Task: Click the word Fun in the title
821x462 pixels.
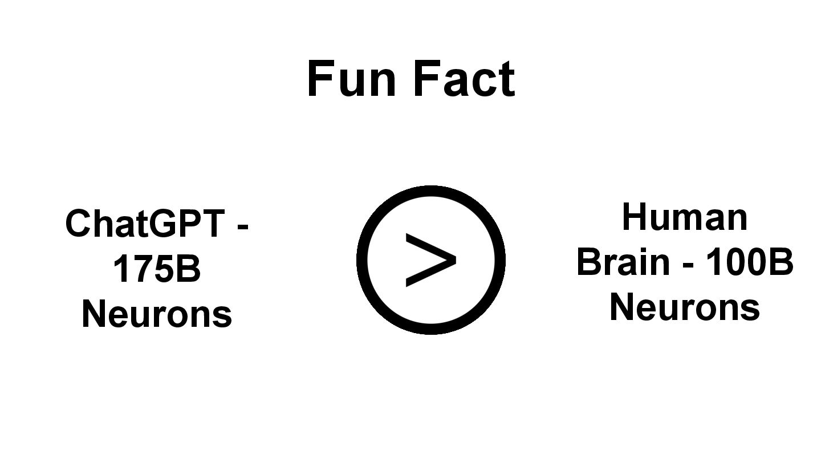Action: click(351, 79)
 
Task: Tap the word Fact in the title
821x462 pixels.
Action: click(464, 79)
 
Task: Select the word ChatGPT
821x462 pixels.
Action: click(145, 223)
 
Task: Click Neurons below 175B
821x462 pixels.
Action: click(157, 313)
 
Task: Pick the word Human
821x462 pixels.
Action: click(684, 217)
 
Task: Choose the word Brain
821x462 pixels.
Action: click(623, 262)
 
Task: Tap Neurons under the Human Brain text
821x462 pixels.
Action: click(684, 307)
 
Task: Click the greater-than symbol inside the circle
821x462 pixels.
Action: click(430, 260)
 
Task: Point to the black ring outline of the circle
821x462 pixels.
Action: click(361, 260)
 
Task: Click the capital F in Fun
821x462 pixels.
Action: click(320, 79)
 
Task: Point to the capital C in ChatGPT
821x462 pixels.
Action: click(78, 223)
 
